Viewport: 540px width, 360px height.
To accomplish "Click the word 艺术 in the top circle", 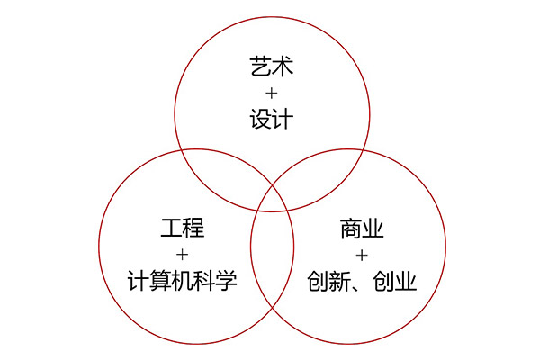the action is click(272, 67).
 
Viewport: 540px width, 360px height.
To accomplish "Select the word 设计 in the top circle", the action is click(272, 119).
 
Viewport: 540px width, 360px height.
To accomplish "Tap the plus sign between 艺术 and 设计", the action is click(272, 93).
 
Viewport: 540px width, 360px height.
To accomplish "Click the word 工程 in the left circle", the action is click(183, 228).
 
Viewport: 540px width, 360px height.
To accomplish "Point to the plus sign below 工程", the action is click(182, 255).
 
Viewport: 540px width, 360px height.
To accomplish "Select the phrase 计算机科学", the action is click(183, 281).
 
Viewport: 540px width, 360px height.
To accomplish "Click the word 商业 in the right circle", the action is click(362, 229).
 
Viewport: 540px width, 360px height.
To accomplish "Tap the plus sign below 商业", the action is click(362, 256).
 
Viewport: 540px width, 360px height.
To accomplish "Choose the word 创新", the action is click(328, 281).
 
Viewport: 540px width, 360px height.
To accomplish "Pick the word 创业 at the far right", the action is click(395, 281).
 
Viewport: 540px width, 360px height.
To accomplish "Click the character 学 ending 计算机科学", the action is click(227, 281).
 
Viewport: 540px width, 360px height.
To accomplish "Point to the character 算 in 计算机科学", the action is click(160, 281).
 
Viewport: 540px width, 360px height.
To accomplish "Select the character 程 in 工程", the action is click(193, 228).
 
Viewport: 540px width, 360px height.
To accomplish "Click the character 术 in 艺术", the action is click(283, 67).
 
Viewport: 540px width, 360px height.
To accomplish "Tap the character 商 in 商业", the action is click(351, 229).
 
